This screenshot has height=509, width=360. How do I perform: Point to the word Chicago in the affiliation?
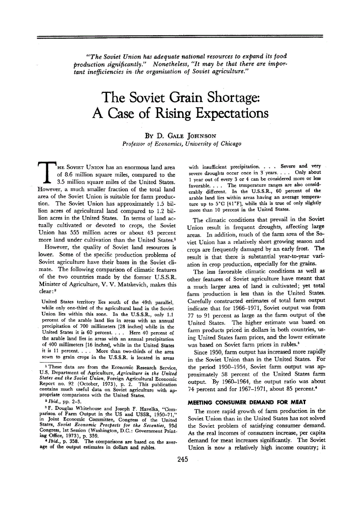coord(230,144)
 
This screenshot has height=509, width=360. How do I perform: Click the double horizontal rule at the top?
coord(180,36)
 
